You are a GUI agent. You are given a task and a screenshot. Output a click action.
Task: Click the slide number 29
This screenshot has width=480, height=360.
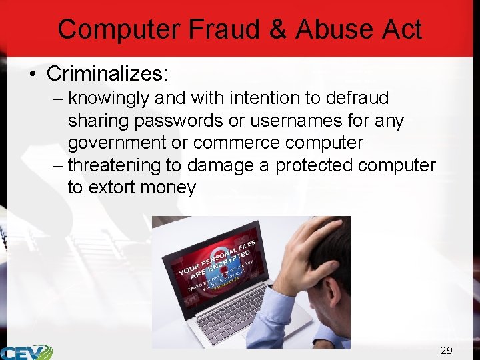446,350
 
